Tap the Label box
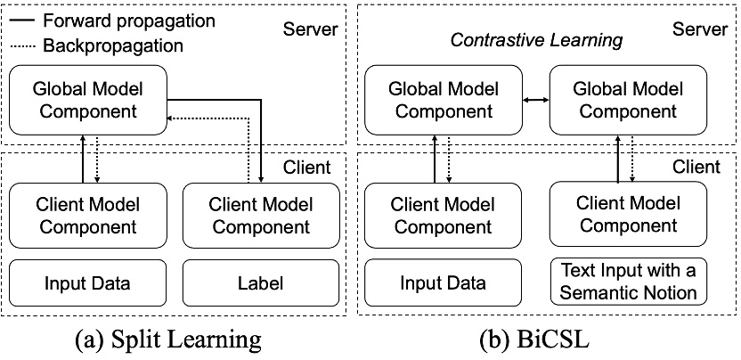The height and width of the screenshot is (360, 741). (261, 283)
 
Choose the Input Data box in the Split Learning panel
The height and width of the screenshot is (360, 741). (87, 283)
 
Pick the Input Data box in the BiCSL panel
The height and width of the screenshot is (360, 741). (443, 283)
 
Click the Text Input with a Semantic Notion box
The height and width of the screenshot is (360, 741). (624, 280)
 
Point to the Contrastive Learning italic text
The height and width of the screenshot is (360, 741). (536, 40)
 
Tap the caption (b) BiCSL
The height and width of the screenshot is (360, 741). (547, 340)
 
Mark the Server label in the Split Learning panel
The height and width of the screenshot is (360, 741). (310, 29)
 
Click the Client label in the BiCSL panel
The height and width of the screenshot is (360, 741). (696, 167)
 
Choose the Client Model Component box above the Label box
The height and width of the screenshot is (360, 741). (261, 215)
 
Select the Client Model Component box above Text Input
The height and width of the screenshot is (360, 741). (624, 214)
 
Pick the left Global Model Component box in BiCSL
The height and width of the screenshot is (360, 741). (443, 101)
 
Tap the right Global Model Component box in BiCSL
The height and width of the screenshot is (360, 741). (623, 101)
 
